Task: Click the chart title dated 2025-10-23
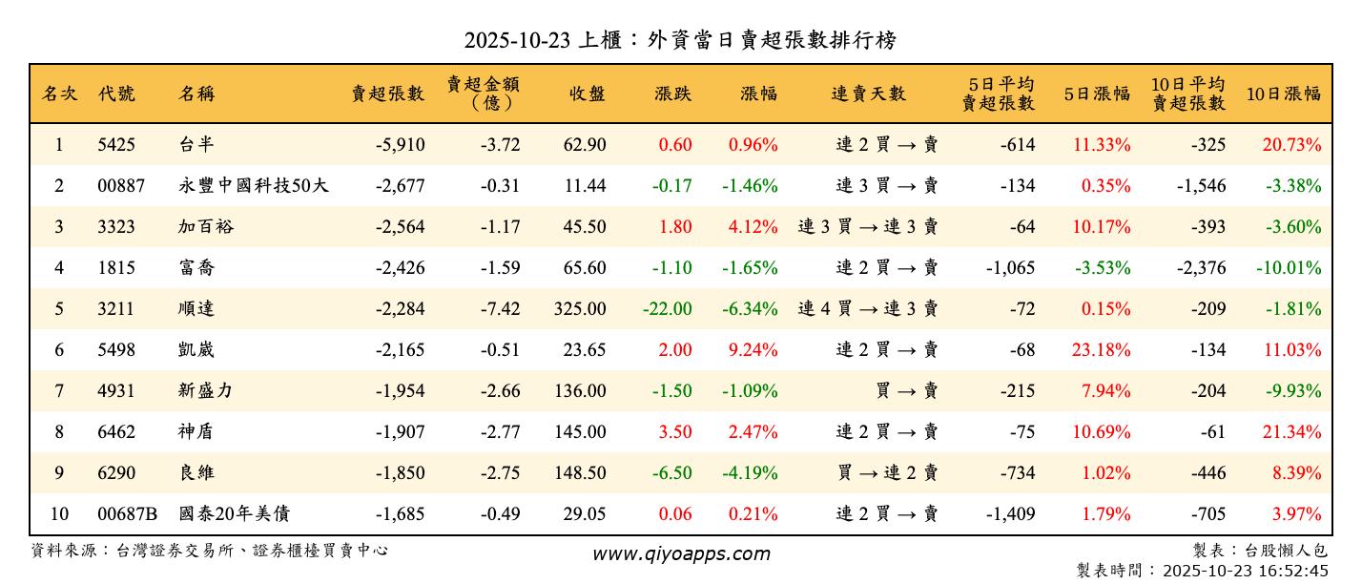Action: tap(680, 40)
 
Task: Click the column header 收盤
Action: tap(587, 94)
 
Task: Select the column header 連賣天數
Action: tap(868, 94)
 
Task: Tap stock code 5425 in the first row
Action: tap(116, 145)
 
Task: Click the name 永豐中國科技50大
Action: tap(254, 186)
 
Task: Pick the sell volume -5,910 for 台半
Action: tap(400, 145)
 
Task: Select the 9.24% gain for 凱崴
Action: tap(753, 350)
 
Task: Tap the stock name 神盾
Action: tap(196, 432)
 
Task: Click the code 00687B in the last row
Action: tap(127, 514)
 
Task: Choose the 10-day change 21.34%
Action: tap(1292, 432)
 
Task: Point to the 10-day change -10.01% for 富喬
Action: tap(1289, 268)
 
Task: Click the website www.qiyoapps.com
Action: tap(680, 553)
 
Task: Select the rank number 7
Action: tap(59, 391)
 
